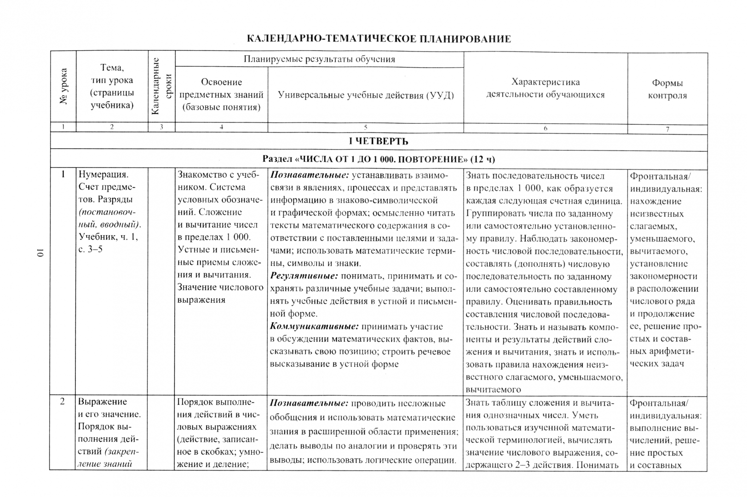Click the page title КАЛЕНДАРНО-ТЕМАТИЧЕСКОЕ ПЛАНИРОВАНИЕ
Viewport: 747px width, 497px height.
tap(379, 39)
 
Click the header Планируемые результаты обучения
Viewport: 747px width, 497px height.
tap(319, 59)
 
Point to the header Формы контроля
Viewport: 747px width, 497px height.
tap(667, 89)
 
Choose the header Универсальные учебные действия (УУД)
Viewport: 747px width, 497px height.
tap(365, 95)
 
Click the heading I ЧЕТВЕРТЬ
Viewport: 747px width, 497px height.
tap(378, 141)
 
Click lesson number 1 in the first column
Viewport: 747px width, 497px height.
tap(63, 174)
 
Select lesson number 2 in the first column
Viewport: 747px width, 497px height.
tap(63, 402)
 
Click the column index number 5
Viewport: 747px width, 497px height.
tap(365, 127)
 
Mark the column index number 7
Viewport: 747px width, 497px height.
tap(667, 129)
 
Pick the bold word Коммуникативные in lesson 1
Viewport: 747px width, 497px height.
tap(314, 327)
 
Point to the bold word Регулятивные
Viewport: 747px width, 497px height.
tap(304, 276)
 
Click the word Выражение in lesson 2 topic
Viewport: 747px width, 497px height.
tap(102, 402)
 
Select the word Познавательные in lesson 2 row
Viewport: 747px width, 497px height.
tap(309, 403)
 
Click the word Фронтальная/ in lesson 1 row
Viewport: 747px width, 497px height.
tap(660, 176)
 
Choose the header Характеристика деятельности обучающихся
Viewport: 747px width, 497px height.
tap(546, 88)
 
